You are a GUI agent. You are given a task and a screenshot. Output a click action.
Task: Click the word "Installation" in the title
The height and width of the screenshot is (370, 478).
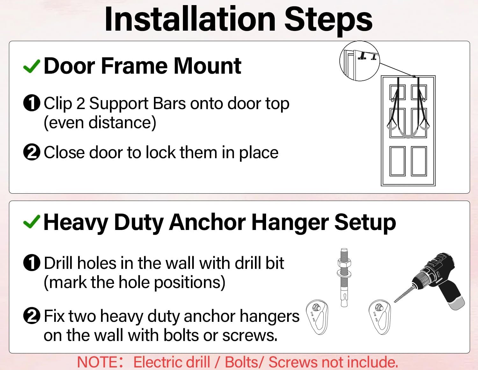(190, 20)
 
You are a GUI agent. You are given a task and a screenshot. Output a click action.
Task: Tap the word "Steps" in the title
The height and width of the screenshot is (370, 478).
(328, 20)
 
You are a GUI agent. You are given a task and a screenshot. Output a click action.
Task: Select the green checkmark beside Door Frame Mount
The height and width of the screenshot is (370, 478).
(32, 66)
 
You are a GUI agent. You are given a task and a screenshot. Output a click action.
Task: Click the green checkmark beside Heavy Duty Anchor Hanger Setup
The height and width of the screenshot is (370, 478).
(32, 222)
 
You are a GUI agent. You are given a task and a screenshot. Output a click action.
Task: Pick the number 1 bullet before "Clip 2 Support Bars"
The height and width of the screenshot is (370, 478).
(32, 103)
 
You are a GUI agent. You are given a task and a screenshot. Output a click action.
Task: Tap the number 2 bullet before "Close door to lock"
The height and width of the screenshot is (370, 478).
(32, 152)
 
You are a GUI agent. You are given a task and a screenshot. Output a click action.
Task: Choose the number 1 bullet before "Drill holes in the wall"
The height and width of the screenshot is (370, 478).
(32, 263)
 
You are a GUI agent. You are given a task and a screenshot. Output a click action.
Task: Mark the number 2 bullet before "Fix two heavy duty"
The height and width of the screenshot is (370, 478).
(32, 316)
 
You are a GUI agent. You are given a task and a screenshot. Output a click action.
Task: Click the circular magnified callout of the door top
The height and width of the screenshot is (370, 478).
(359, 61)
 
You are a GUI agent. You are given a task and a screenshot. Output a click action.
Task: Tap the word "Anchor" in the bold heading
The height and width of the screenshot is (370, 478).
(208, 222)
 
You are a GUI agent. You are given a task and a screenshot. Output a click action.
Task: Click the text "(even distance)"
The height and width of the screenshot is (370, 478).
(100, 123)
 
